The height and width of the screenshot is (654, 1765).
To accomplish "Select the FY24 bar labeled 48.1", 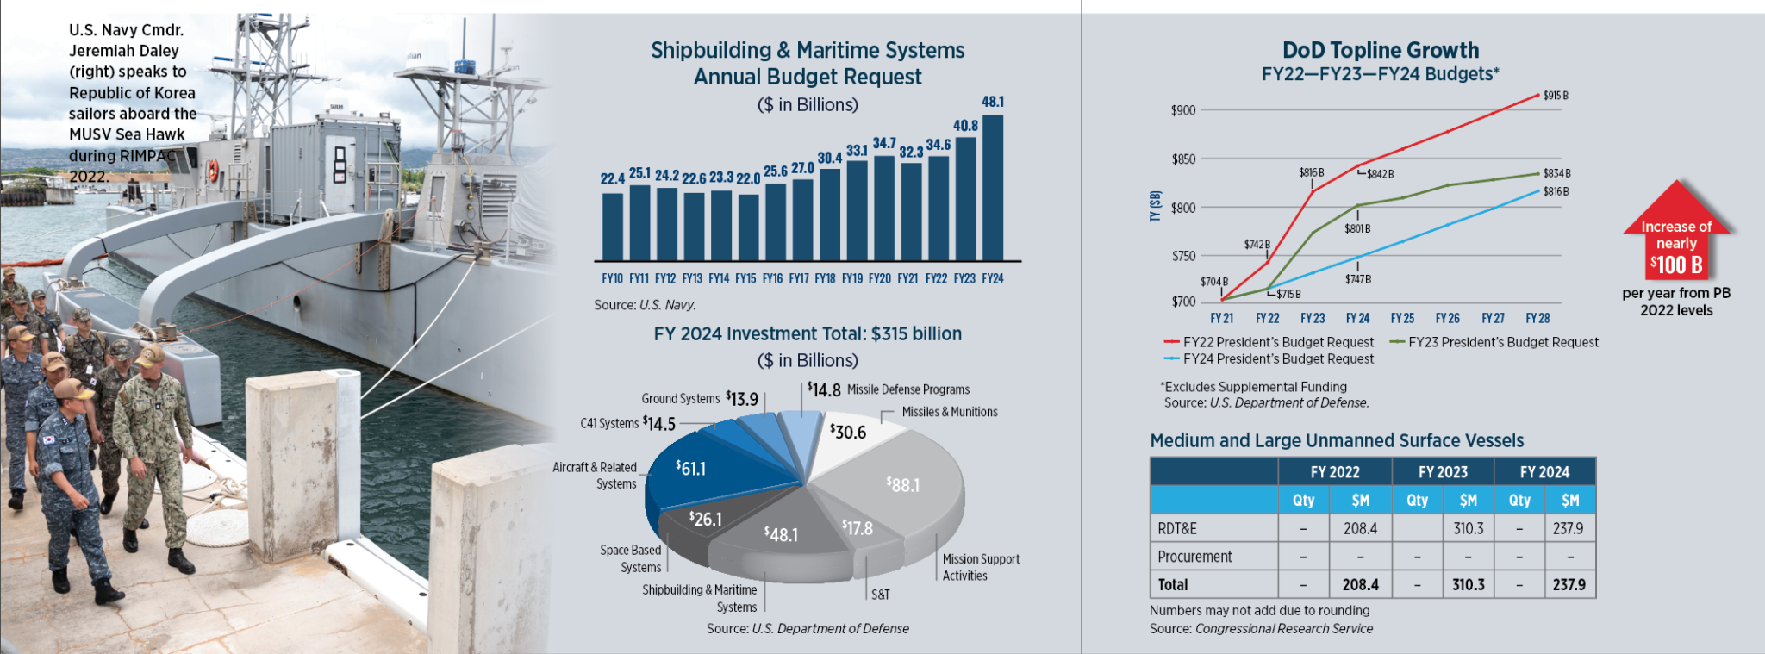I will (993, 188).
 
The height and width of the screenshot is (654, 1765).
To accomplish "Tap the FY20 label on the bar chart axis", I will (879, 279).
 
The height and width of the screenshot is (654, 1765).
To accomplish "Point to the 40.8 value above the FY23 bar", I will (965, 126).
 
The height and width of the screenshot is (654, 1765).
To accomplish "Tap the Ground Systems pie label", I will (680, 399).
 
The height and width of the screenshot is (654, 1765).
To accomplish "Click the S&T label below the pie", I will (880, 595).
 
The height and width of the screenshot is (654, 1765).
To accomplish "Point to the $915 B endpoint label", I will (1556, 96).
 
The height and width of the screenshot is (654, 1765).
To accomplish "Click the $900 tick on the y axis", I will (1182, 110).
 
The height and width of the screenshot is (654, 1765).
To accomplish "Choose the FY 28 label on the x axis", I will (1537, 319).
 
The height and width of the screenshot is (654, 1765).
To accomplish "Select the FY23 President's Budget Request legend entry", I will (1502, 342).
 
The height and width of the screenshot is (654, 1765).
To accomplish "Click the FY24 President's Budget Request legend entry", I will (1277, 359).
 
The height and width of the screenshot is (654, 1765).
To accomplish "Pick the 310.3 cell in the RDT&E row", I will (1468, 528).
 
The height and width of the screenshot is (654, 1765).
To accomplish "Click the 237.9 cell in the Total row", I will (1569, 584).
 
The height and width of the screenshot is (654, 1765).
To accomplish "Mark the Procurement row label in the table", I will (1194, 557).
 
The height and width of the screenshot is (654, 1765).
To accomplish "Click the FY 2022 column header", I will (1334, 472).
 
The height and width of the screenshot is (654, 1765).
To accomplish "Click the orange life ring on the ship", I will (213, 171).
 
